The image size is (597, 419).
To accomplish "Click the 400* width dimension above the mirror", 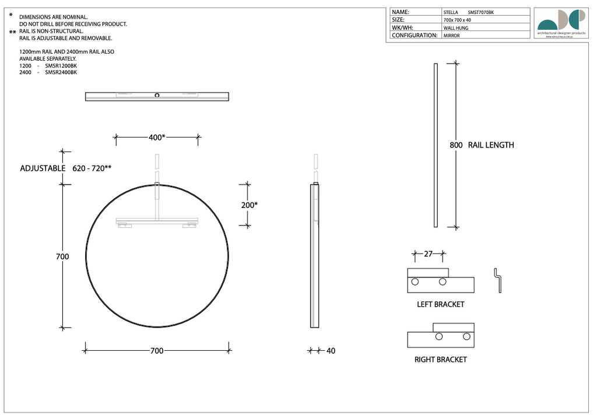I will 157,138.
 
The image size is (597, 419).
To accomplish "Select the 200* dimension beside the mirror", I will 250,205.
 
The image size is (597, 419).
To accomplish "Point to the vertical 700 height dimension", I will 62,256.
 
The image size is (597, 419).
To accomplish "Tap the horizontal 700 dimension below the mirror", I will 157,351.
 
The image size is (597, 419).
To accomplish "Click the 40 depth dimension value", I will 331,351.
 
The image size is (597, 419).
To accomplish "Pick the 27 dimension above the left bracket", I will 428,253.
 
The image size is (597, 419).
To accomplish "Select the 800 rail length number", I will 456,145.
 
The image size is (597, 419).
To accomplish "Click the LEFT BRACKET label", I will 440,304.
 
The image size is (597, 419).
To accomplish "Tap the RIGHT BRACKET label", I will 440,360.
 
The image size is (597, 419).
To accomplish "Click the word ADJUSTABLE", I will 43,168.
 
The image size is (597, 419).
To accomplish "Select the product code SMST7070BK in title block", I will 481,12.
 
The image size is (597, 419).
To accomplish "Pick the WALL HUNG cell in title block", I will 455,27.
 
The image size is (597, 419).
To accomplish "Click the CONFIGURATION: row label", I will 415,35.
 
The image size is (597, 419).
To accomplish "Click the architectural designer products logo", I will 561,23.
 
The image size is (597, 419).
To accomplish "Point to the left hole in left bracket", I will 415,282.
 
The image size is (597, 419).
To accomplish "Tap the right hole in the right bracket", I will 466,337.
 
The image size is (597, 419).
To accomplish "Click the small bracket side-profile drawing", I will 497,280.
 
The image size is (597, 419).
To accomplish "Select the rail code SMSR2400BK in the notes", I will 61,73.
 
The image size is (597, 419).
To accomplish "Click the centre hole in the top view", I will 157,95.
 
